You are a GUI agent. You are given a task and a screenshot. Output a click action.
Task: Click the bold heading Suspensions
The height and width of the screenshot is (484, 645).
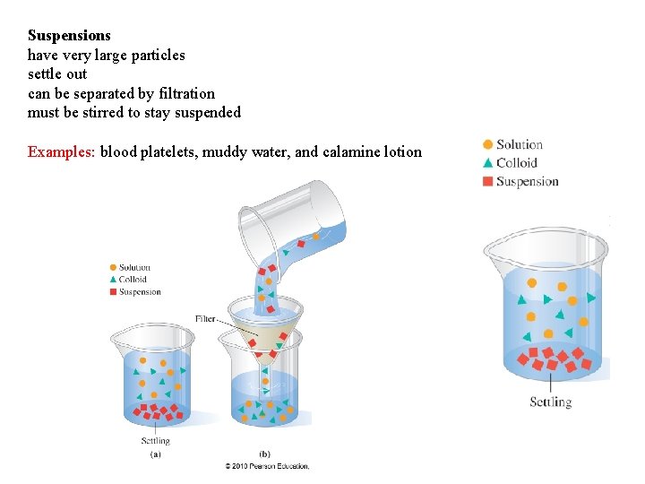click(69, 36)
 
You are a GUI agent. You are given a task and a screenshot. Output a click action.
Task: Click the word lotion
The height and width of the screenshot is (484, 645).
click(403, 151)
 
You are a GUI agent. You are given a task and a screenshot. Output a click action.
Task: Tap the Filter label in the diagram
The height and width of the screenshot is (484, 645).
click(206, 319)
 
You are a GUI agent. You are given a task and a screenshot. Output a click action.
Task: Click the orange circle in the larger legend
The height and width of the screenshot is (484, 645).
click(487, 144)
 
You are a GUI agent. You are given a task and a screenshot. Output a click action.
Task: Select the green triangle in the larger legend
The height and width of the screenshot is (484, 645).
click(487, 162)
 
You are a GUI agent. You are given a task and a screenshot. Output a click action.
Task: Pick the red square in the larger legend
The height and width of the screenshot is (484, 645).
click(487, 181)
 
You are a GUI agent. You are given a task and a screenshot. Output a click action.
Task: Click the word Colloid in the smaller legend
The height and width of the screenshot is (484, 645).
click(133, 280)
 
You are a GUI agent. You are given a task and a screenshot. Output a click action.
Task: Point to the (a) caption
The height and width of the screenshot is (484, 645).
click(155, 454)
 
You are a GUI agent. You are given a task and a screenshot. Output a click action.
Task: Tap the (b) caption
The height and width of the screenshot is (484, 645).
click(265, 454)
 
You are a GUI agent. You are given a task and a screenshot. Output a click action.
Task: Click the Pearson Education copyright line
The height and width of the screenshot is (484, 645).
click(267, 466)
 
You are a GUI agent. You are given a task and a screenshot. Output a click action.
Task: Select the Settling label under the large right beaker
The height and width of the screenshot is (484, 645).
click(549, 402)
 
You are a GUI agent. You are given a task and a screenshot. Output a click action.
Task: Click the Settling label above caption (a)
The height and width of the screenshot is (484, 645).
click(155, 441)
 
